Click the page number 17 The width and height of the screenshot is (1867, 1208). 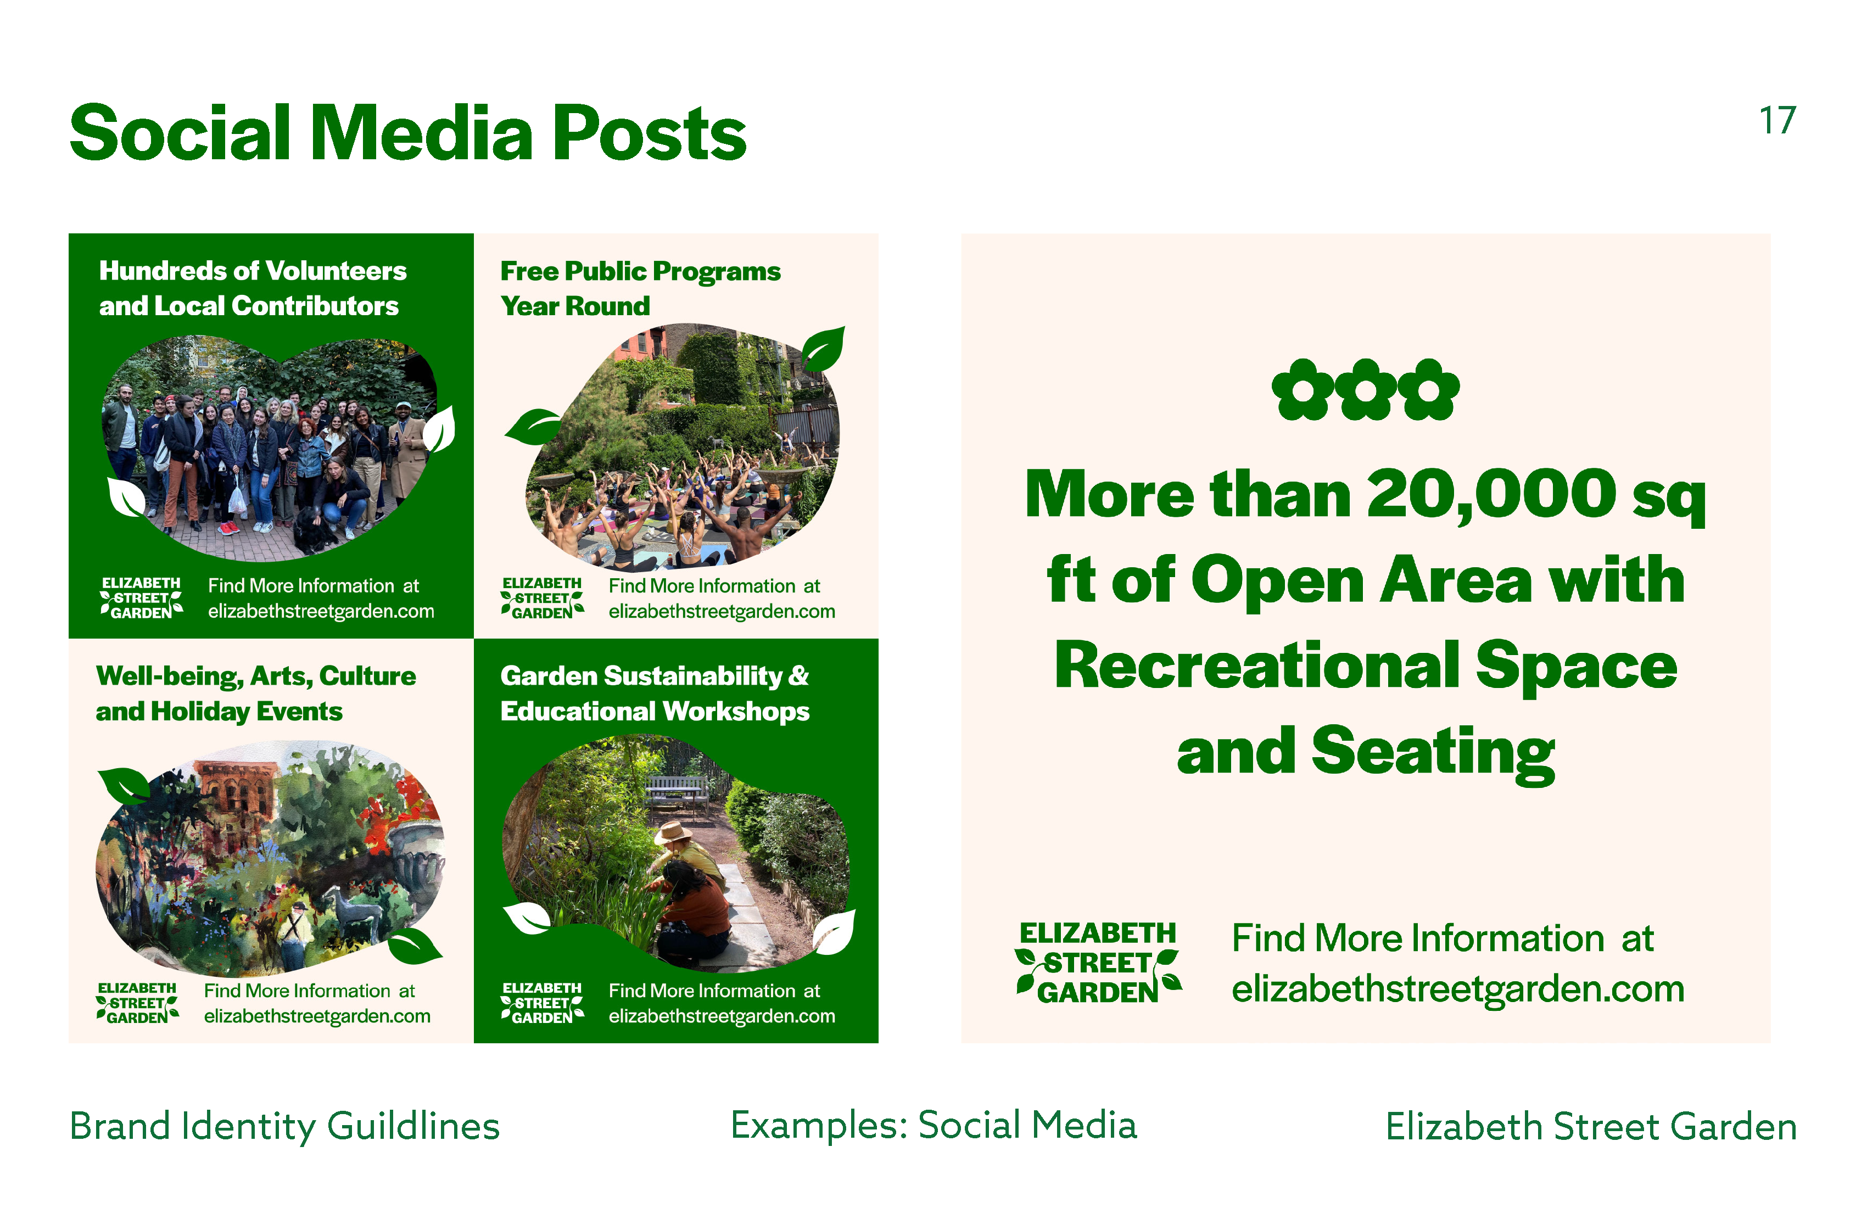point(1777,121)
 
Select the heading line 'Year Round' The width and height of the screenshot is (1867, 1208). point(575,306)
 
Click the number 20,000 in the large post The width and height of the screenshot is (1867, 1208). point(1492,495)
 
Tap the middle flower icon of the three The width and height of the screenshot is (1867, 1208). point(1366,389)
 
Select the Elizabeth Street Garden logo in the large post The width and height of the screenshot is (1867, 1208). point(1098,963)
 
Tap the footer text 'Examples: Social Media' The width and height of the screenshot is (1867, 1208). point(933,1126)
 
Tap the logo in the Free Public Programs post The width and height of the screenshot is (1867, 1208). point(542,599)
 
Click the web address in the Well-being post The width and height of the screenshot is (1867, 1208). point(317,1016)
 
